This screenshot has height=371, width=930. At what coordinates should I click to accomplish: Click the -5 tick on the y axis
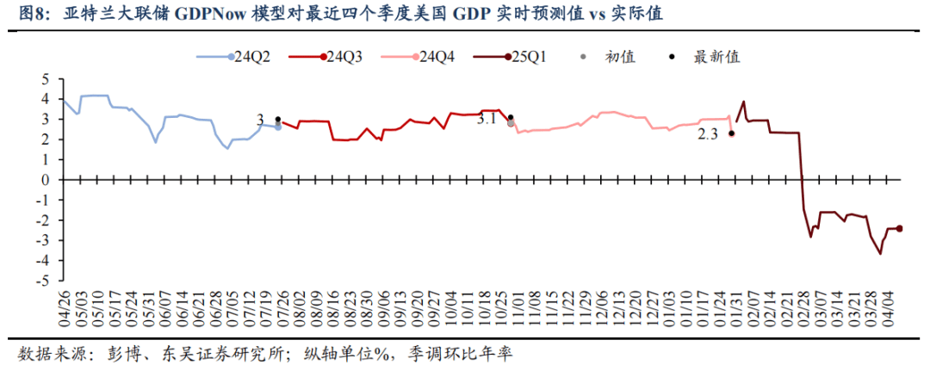(x=45, y=281)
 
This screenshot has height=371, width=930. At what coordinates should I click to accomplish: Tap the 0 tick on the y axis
(x=47, y=180)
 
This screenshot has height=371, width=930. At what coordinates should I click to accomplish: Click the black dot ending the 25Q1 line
(x=900, y=228)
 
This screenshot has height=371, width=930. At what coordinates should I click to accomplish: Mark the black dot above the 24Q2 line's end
(x=277, y=120)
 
